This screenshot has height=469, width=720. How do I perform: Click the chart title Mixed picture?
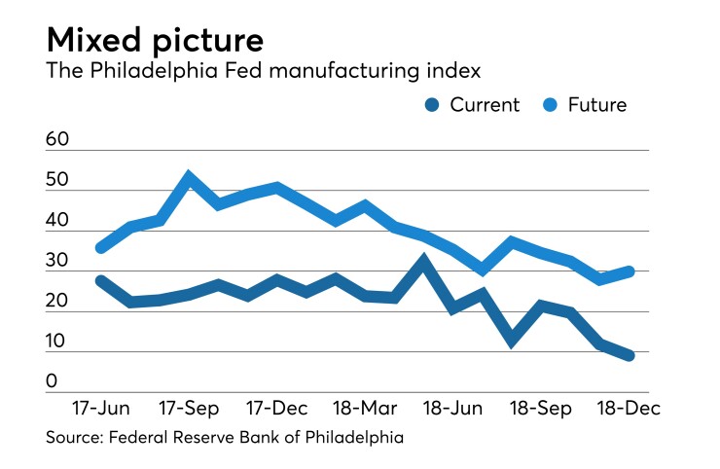[155, 40]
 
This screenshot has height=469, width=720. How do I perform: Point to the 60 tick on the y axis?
[57, 140]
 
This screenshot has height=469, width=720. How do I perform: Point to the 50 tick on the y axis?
[57, 180]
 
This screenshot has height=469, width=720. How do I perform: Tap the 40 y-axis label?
[57, 221]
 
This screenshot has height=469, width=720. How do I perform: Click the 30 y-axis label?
[57, 262]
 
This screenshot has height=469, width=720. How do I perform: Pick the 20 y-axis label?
[57, 302]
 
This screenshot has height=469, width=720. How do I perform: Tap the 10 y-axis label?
[57, 342]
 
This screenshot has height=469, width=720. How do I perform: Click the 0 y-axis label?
[52, 382]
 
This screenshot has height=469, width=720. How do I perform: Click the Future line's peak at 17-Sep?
[189, 178]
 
